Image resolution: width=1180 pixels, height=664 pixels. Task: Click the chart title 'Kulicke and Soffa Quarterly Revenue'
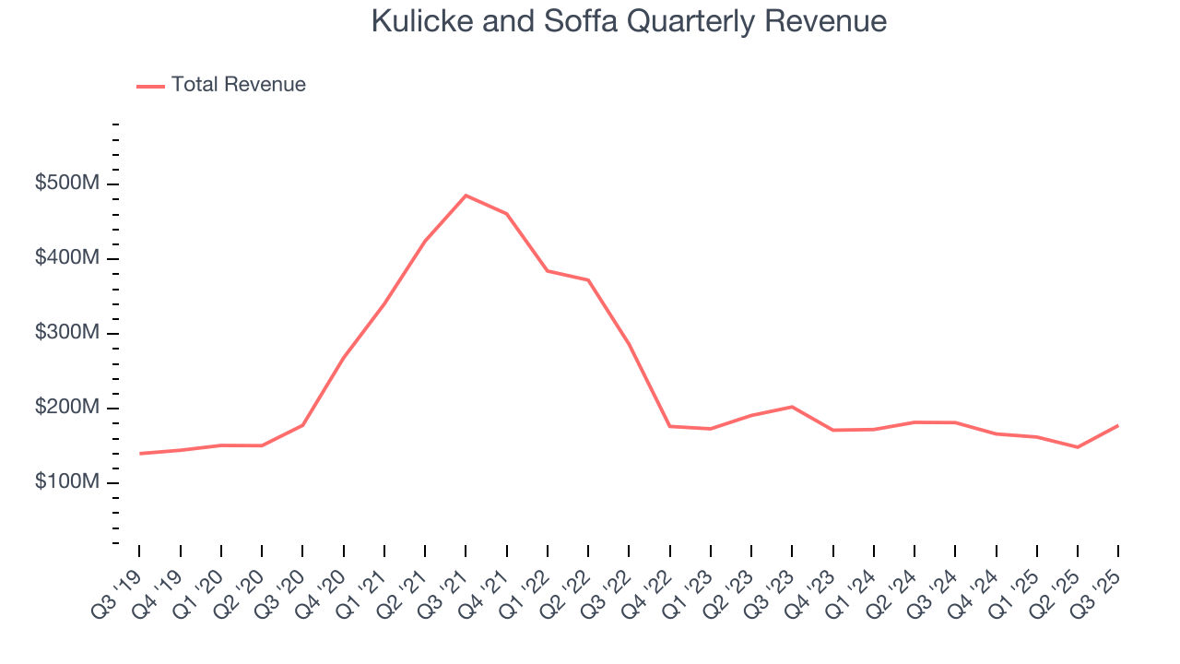629,21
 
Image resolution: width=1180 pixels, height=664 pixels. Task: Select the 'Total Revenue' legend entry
238,85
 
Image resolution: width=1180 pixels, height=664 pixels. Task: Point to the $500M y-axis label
66,184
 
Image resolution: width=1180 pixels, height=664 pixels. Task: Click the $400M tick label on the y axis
66,258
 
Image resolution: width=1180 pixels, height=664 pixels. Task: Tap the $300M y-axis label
66,333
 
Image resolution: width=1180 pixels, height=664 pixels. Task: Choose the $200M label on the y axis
66,408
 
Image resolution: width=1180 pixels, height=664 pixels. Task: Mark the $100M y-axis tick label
66,482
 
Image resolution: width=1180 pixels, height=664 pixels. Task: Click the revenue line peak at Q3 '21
466,196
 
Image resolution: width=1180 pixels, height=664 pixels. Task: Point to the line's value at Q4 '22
669,426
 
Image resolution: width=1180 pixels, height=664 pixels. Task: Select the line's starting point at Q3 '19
140,454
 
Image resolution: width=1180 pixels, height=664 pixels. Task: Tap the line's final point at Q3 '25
1118,425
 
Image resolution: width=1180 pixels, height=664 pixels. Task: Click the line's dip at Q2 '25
1077,447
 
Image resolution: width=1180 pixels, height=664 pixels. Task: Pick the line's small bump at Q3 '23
792,407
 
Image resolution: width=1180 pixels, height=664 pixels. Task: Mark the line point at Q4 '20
344,357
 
